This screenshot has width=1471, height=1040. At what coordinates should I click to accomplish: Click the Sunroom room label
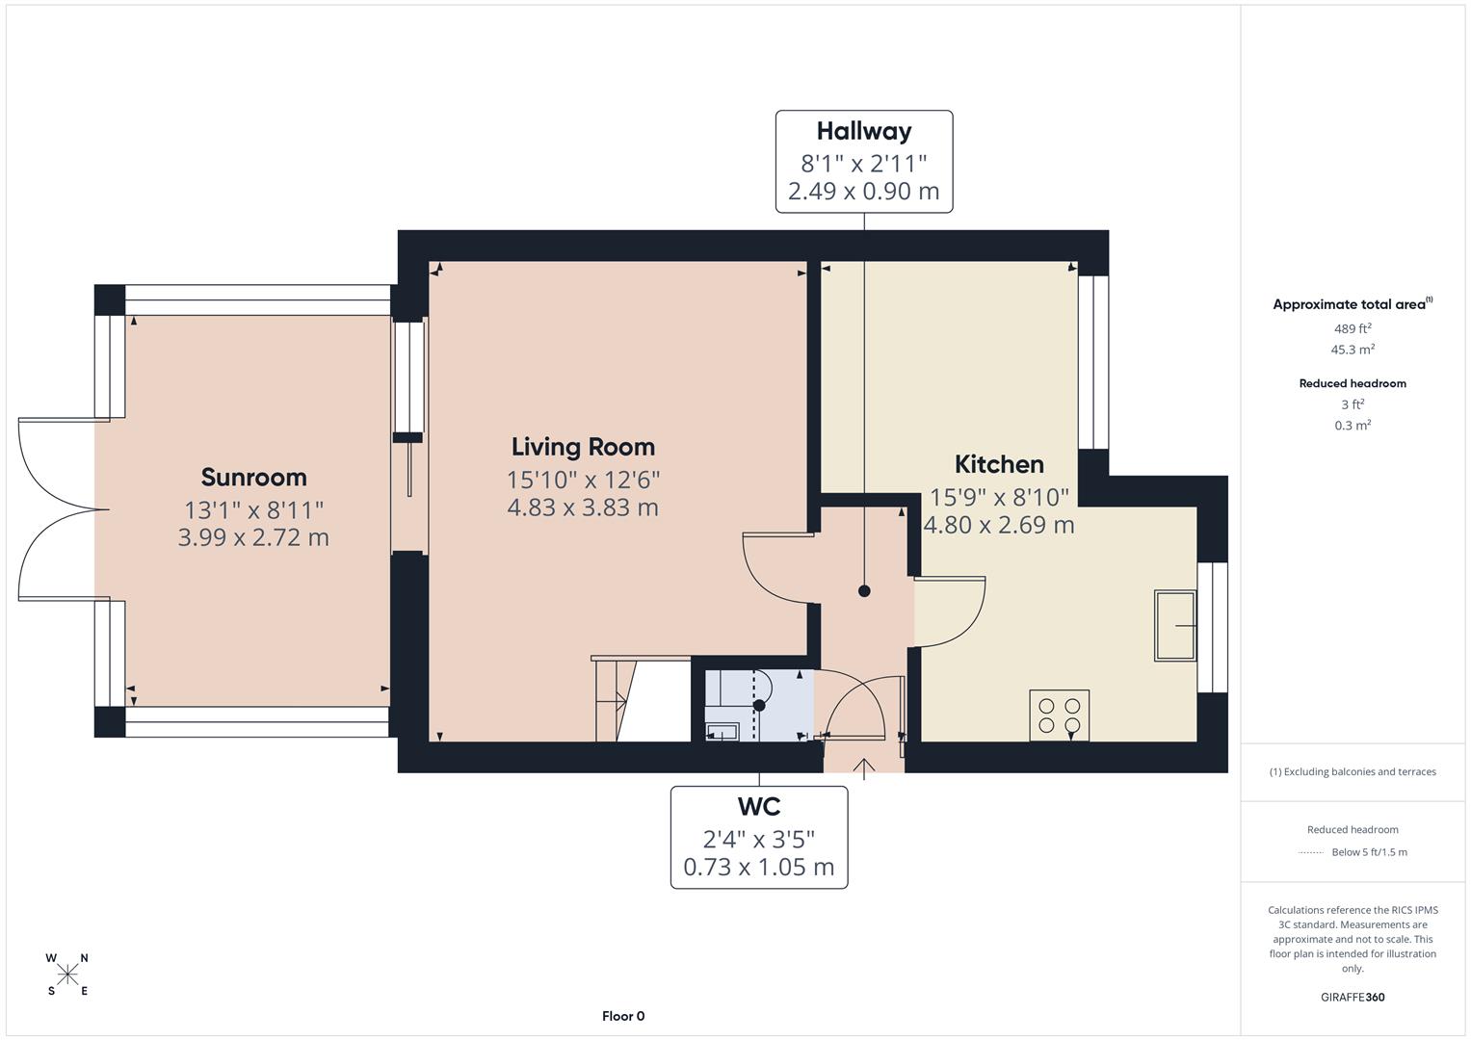tap(253, 477)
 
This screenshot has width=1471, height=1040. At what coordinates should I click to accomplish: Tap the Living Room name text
tap(583, 447)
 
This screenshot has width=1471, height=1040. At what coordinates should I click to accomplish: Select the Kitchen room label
tap(999, 464)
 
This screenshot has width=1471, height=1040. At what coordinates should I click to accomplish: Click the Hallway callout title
tap(864, 131)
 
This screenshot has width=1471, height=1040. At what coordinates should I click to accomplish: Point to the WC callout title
tap(759, 806)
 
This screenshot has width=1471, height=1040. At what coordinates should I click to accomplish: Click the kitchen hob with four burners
tap(1059, 715)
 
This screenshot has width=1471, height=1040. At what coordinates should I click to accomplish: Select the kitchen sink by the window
tap(1174, 626)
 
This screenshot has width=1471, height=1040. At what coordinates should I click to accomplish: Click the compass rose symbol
tap(67, 975)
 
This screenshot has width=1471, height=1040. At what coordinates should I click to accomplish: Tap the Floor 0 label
tap(623, 1016)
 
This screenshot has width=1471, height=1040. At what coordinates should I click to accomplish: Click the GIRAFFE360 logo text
tap(1353, 997)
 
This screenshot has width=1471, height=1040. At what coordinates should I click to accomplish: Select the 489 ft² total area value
tap(1353, 328)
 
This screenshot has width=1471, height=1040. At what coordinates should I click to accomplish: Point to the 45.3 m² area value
tap(1353, 350)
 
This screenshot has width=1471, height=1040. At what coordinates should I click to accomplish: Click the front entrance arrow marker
tap(864, 767)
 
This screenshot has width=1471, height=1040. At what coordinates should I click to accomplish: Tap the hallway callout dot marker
tap(864, 591)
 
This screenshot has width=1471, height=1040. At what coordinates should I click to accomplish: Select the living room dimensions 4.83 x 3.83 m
tap(583, 507)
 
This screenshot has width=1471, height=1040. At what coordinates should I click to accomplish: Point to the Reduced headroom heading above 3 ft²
tap(1353, 383)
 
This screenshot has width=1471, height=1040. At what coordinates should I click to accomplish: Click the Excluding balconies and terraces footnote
tap(1353, 771)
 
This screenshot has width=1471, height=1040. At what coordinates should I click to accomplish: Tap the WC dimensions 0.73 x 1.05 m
tap(759, 868)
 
